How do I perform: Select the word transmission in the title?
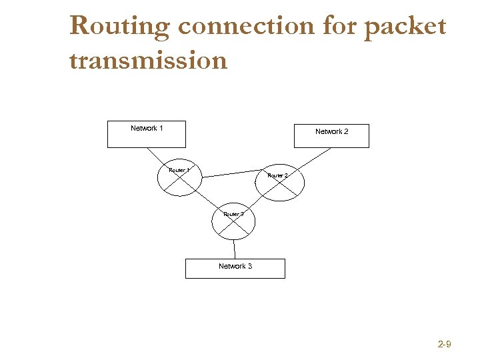[148, 61]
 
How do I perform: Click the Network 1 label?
[147, 128]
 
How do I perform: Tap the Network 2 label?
[331, 131]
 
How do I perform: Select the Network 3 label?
[235, 266]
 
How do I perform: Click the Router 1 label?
[179, 171]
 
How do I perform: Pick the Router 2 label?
[277, 175]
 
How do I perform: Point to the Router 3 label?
[233, 214]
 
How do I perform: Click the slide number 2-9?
[445, 344]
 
